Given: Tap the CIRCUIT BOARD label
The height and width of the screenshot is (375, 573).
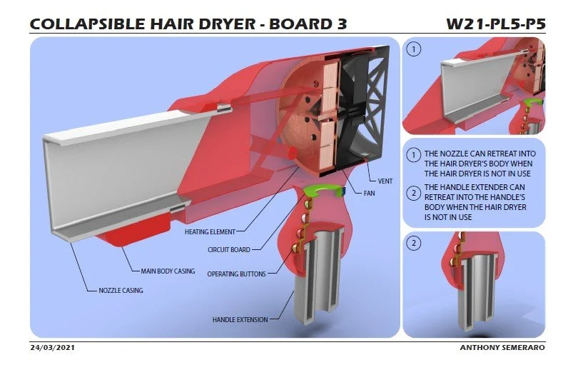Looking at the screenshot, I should (228, 250).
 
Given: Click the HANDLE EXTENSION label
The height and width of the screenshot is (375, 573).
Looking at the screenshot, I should (240, 319).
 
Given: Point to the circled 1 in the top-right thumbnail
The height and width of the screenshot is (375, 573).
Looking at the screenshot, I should (413, 49).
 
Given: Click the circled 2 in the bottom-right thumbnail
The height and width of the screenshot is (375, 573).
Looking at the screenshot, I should (413, 243).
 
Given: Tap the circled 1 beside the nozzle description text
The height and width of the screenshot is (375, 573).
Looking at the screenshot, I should (413, 154).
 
